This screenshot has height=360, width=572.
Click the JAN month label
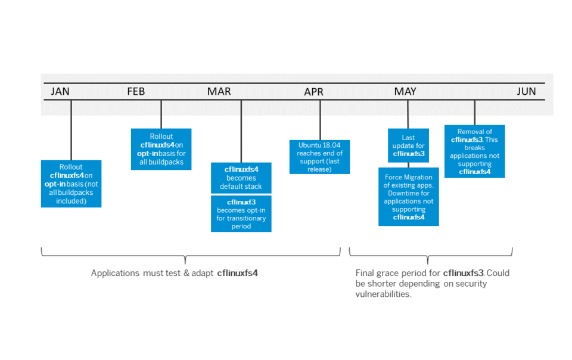[60, 91]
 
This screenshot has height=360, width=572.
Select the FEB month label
[136, 91]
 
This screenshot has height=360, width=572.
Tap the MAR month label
[219, 91]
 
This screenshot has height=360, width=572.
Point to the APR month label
[314, 92]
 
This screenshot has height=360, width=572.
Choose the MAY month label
[405, 91]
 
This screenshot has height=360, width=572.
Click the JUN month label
[526, 91]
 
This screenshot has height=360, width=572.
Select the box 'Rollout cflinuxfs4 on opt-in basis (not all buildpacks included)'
[71, 184]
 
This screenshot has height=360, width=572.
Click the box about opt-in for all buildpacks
[161, 149]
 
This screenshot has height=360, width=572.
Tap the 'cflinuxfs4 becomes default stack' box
[241, 178]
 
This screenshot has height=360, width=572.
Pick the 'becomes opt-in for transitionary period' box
[241, 214]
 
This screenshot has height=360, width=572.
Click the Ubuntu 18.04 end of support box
[319, 157]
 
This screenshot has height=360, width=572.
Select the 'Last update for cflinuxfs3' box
[408, 145]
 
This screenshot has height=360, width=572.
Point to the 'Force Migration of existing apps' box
[409, 197]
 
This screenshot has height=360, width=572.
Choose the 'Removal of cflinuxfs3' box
[475, 151]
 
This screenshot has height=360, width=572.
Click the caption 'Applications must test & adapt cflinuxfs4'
[175, 273]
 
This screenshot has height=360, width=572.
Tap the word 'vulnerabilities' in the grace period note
[383, 294]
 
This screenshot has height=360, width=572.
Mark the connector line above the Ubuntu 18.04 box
[321, 120]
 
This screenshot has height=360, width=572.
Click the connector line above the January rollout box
[71, 130]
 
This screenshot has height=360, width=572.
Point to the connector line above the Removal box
[475, 113]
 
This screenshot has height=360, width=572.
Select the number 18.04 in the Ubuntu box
[332, 145]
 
